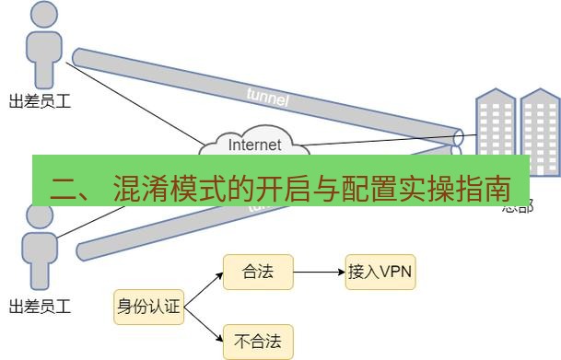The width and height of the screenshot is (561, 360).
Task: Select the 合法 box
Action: click(258, 273)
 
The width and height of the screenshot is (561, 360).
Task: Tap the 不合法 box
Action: click(258, 342)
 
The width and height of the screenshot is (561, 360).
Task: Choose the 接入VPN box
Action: click(380, 273)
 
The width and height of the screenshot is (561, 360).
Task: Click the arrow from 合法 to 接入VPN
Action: click(319, 273)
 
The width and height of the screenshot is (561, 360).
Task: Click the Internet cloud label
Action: click(254, 145)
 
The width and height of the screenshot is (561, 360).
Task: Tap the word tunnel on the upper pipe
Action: click(268, 96)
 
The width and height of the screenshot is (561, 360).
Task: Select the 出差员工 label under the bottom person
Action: click(40, 305)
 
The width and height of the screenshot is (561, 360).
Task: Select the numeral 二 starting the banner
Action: click(65, 192)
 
